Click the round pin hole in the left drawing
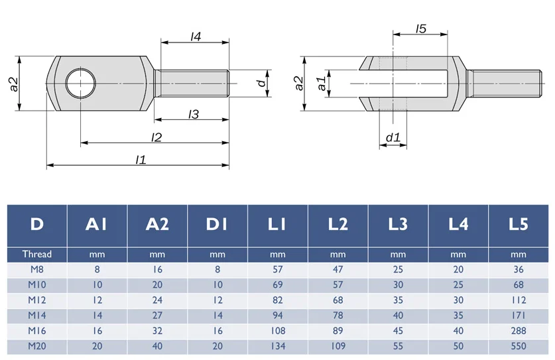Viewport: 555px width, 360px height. click(80, 84)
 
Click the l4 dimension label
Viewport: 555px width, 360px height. click(196, 37)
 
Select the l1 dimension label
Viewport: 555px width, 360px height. click(141, 159)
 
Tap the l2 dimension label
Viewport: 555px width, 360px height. click(157, 137)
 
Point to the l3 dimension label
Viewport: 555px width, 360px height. click(194, 115)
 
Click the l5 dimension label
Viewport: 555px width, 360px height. click(421, 29)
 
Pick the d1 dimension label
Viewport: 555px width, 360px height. click(393, 138)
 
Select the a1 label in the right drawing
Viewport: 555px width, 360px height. click(321, 84)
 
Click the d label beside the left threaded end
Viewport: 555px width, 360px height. click(263, 83)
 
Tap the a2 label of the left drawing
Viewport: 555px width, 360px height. click(13, 84)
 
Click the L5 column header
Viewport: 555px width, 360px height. click(518, 225)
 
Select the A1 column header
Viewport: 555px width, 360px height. click(97, 225)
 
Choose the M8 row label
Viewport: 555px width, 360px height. click(36, 270)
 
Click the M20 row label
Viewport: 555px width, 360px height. click(36, 345)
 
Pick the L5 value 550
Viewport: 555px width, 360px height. click(518, 345)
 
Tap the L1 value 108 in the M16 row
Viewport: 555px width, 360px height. click(277, 330)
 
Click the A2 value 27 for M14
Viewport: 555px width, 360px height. click(157, 315)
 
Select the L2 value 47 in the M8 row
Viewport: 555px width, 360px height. click(338, 270)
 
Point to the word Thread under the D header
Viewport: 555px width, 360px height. click(36, 254)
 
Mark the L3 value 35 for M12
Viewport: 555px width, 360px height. click(398, 300)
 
